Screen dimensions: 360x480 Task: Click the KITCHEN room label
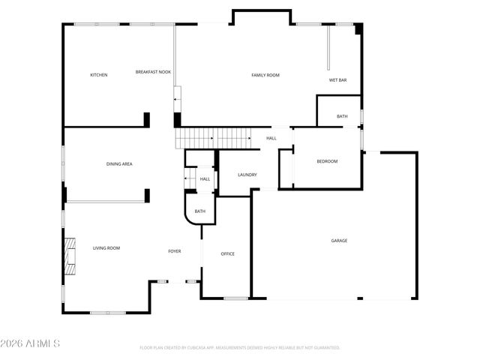98,75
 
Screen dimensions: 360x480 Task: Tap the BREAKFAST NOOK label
153,72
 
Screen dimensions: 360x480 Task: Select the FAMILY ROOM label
265,75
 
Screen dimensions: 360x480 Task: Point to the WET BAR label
337,79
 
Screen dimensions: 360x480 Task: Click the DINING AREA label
119,163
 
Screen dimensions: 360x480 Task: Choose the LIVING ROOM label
106,247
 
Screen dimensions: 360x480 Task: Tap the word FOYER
174,250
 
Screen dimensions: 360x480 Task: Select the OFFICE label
227,253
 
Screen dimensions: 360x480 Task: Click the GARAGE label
339,240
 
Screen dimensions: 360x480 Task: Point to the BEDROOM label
327,161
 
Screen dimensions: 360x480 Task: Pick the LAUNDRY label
247,175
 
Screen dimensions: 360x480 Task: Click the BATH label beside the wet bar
342,116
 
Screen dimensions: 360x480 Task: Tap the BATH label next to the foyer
200,211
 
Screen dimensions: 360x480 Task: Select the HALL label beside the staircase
271,138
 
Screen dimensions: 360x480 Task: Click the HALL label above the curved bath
205,178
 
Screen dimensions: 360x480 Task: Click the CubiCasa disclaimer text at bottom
240,348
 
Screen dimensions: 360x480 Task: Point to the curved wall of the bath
188,217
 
